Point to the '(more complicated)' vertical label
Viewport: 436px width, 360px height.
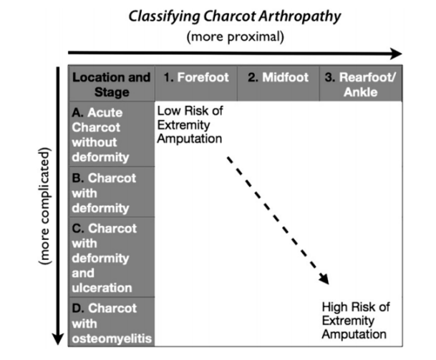coord(47,208)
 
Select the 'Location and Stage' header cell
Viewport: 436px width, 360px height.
coord(111,84)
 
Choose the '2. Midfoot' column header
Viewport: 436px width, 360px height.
coord(277,77)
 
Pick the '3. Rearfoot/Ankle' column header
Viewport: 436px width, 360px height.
coord(360,84)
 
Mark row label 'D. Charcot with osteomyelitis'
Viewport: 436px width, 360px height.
coord(111,323)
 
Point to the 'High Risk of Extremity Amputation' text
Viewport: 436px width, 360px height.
coord(356,320)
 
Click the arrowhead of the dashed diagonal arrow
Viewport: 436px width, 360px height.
coord(324,280)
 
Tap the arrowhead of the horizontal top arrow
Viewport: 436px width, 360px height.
coord(397,53)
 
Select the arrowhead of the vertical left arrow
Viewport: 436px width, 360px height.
coord(59,338)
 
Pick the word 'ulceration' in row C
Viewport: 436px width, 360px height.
coord(101,288)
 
